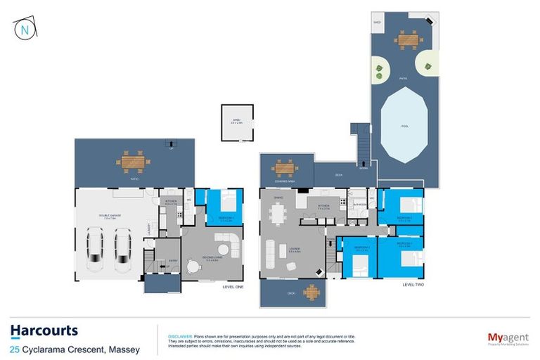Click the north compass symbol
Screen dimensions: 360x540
coord(23,29)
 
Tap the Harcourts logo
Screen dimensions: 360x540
coord(44,331)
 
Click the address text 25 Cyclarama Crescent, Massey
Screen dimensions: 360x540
coord(75,349)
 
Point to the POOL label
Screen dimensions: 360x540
coord(404,127)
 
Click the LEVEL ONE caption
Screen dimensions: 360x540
coord(233,287)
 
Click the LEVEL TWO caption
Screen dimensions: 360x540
coord(412,285)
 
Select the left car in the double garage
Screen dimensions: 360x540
coord(95,252)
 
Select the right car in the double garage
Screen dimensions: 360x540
coord(123,252)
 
